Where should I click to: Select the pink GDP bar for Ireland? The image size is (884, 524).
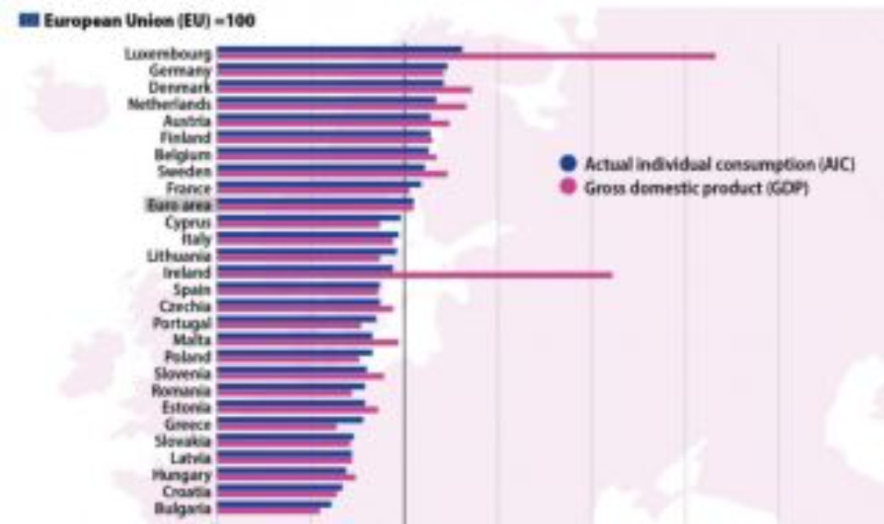click(x=492, y=275)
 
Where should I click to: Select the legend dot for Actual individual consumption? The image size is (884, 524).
click(x=565, y=165)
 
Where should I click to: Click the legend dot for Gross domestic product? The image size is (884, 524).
click(x=565, y=187)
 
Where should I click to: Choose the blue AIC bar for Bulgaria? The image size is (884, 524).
click(x=274, y=504)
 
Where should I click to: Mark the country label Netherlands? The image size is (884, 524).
click(x=170, y=105)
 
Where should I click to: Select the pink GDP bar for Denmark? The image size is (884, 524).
click(x=344, y=90)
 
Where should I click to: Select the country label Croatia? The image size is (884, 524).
click(x=188, y=491)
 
